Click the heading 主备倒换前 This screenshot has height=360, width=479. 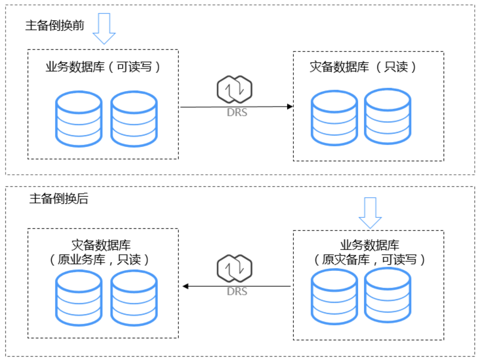55,25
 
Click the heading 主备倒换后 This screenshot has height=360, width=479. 59,198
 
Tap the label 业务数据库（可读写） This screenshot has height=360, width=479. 103,67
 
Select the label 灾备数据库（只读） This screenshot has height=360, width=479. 363,67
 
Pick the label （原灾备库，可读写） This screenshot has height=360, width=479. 369,260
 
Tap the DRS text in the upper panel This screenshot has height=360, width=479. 237,112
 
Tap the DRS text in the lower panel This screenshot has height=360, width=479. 237,291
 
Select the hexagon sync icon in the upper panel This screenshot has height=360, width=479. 235,89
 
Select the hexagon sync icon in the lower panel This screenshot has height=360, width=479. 235,268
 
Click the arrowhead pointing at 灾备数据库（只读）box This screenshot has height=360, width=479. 290,106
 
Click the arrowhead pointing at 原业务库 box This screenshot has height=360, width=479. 186,286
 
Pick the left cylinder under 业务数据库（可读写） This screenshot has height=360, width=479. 79,119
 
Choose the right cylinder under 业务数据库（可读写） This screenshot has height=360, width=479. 134,119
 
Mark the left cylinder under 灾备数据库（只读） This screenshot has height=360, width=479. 335,118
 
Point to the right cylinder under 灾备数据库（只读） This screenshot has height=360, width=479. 388,116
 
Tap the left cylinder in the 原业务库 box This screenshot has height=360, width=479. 79,298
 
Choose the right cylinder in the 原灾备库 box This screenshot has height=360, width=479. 388,295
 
